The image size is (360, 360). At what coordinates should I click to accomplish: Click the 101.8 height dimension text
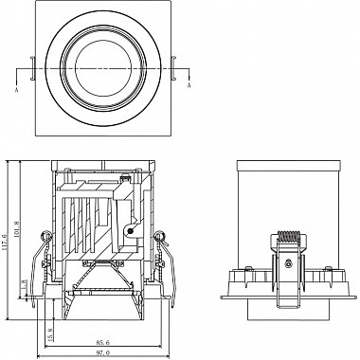(x=22, y=256)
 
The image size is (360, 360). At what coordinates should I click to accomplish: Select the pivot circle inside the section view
(x=129, y=226)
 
